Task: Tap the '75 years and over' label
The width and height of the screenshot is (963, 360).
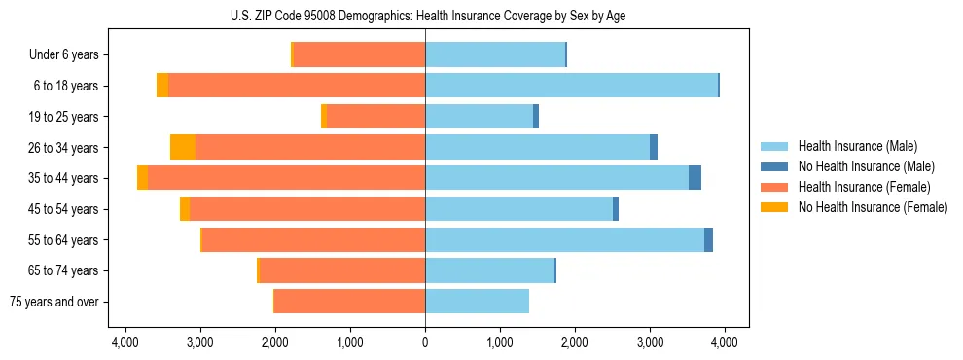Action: [53, 302]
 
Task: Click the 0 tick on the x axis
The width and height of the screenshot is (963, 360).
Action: [425, 342]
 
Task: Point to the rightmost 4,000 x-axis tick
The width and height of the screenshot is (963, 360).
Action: [724, 342]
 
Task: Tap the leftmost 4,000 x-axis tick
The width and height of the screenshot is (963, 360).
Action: [125, 342]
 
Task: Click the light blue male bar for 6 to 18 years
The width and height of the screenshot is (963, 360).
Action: [571, 86]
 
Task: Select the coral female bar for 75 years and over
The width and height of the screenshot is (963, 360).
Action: [350, 302]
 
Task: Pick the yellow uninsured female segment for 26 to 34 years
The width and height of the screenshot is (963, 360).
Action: [183, 147]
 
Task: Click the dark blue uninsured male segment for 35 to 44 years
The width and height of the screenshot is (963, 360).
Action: [695, 178]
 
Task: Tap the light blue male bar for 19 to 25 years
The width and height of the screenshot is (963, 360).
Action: [479, 117]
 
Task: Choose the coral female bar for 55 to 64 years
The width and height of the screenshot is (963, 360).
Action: [313, 239]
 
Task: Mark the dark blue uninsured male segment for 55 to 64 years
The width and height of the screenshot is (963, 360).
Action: [708, 239]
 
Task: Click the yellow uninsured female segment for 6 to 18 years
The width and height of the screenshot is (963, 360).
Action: [162, 86]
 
